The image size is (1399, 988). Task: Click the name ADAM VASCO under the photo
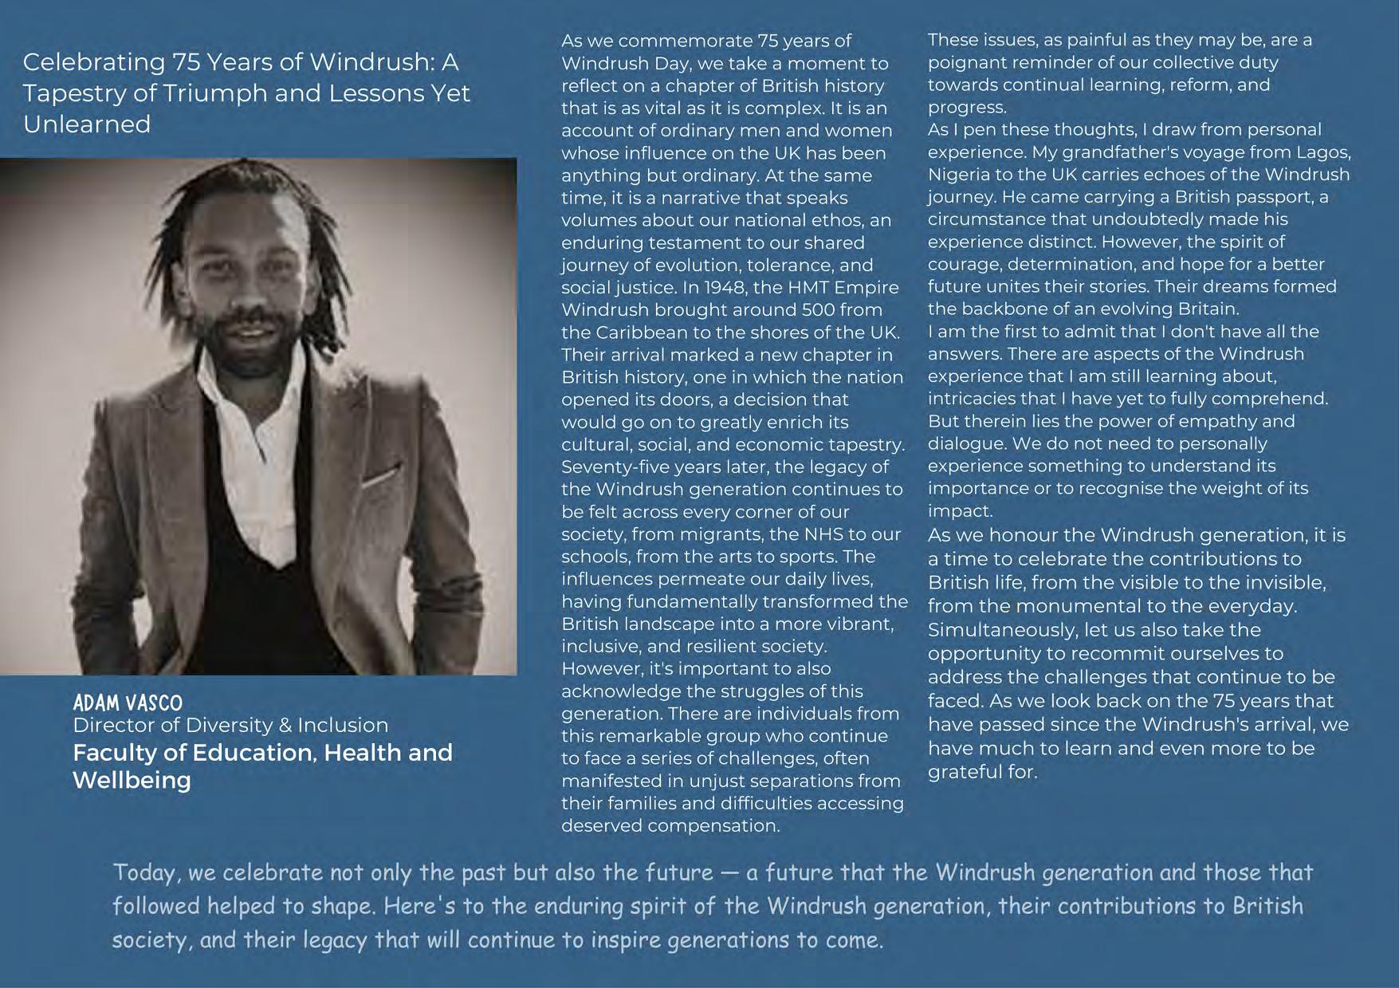click(x=128, y=703)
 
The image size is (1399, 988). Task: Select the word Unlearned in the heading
click(x=87, y=124)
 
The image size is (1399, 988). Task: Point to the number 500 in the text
click(x=818, y=310)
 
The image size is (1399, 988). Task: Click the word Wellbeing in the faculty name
click(x=132, y=780)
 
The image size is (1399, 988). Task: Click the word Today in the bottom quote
click(x=143, y=872)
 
